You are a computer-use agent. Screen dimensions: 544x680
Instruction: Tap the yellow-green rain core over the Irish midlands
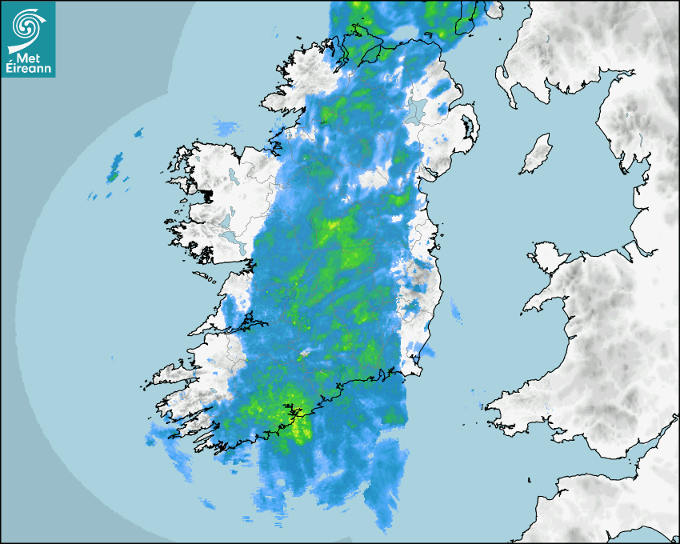(330, 226)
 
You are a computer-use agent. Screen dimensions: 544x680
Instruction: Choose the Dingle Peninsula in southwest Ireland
(172, 374)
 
